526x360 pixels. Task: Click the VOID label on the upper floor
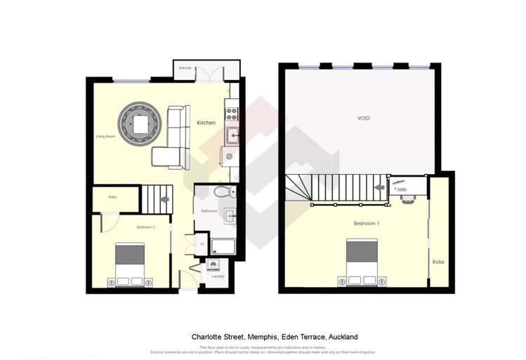[363, 119]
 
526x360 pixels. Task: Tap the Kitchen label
[206, 123]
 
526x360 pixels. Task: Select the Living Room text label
[105, 136]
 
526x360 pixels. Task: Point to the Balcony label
[185, 68]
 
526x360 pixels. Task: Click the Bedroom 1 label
[367, 223]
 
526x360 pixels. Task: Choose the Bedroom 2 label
[145, 227]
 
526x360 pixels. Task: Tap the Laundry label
[217, 277]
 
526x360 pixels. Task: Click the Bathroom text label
[209, 211]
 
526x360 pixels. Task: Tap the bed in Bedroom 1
[362, 262]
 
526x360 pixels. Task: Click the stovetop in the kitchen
[231, 111]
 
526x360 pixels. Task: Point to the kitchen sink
[232, 135]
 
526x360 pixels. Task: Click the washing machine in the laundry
[213, 265]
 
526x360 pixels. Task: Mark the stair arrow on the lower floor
[165, 199]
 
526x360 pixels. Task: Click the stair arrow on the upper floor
[379, 187]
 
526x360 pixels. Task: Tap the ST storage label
[202, 244]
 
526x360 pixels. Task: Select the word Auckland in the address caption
[343, 337]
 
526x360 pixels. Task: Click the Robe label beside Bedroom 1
[438, 262]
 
